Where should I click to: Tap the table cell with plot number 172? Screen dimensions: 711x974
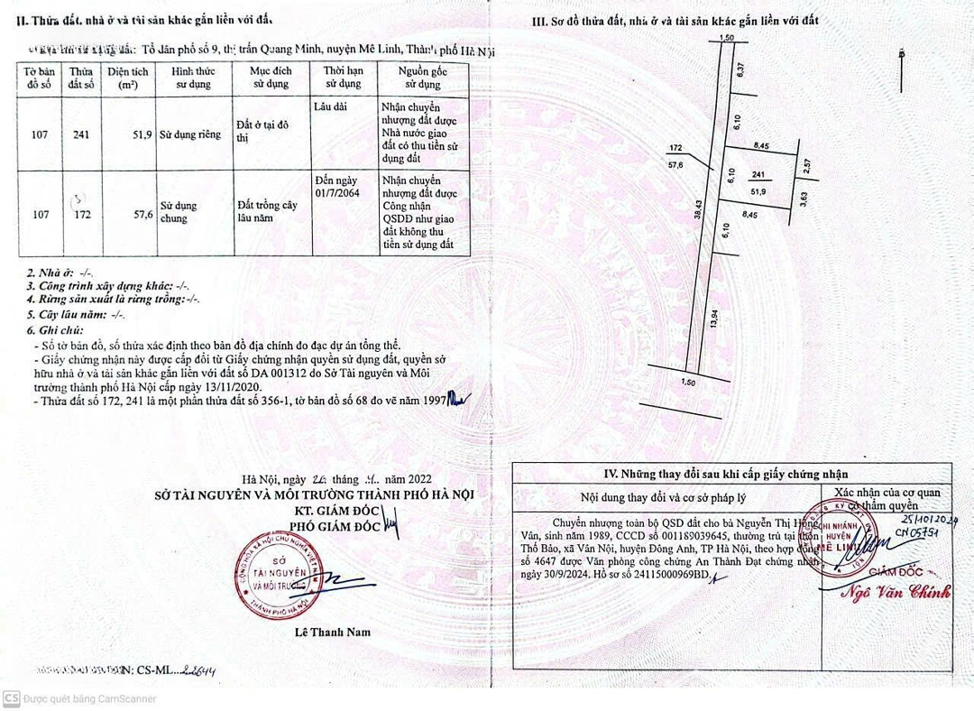pyautogui.click(x=82, y=216)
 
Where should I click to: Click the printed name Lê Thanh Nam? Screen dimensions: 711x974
pyautogui.click(x=333, y=633)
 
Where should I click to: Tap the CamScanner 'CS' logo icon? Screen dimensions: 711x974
pyautogui.click(x=12, y=698)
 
